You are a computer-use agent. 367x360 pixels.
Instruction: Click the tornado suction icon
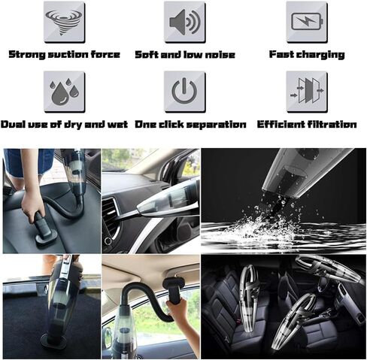click(x=64, y=23)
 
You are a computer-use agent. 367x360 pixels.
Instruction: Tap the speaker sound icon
click(x=185, y=22)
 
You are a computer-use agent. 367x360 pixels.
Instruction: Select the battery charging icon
click(x=307, y=21)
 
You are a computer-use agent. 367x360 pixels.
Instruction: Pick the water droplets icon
click(x=64, y=92)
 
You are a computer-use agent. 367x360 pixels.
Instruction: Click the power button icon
click(x=184, y=91)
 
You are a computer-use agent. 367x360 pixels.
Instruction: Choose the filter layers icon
click(x=307, y=91)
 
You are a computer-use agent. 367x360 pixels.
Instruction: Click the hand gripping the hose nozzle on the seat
click(x=33, y=206)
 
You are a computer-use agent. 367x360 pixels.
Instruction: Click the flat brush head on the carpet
click(x=53, y=341)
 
